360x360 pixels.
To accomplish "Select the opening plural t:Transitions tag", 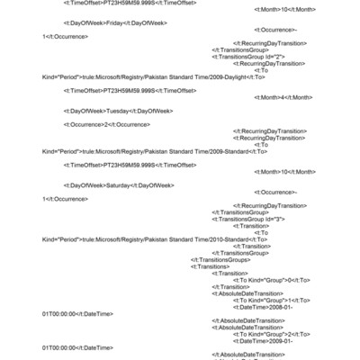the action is (210, 266).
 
